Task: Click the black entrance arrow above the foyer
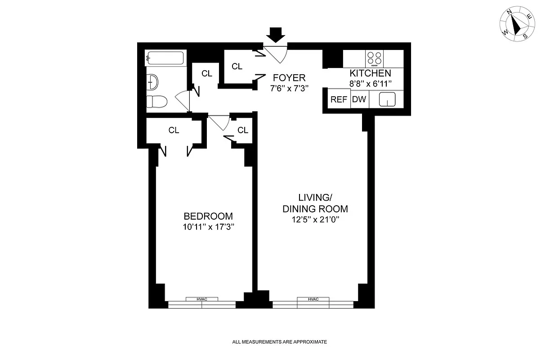point(275,35)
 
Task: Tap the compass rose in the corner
point(516,26)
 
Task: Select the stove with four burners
point(375,58)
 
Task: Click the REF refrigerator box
point(339,100)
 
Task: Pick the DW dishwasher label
point(359,100)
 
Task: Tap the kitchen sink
point(387,99)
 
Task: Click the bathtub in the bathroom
point(165,58)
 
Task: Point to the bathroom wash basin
point(153,82)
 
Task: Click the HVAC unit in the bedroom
point(201,299)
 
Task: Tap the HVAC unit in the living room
point(313,299)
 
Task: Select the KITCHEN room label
point(370,73)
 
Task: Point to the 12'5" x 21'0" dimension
point(315,220)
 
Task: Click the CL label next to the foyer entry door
point(237,67)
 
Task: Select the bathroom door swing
point(183,100)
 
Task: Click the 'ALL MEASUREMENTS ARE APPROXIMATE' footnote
point(279,342)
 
